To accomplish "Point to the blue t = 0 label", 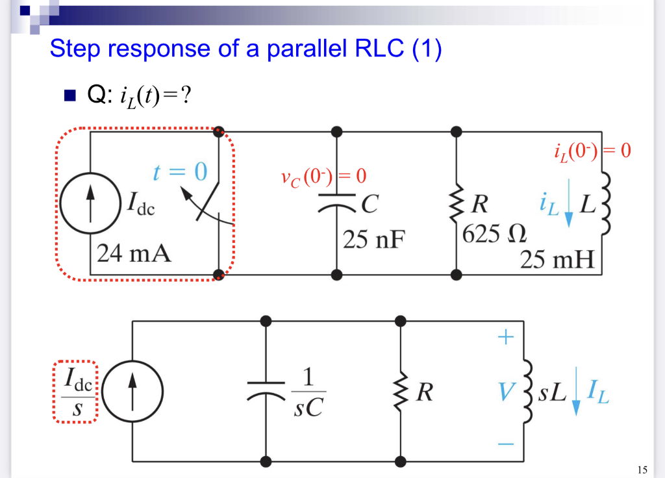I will [180, 171].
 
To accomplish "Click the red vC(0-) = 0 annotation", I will [323, 177].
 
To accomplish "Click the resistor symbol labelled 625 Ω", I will [457, 203].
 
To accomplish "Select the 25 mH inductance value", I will [557, 260].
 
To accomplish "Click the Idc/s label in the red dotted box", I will [75, 392].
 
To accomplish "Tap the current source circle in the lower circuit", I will [132, 392].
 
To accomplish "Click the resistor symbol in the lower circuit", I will [401, 392].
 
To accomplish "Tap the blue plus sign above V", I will [507, 337].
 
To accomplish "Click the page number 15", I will [643, 469].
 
